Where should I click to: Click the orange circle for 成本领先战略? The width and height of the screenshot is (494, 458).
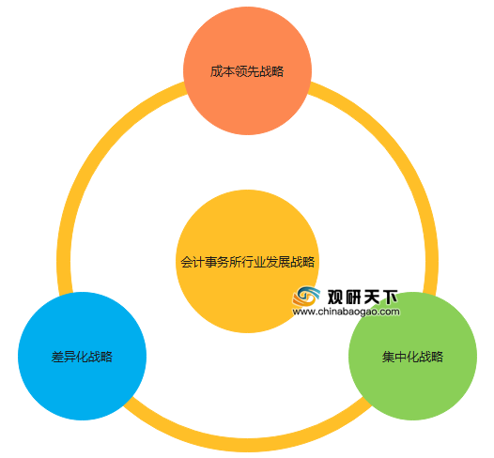click(x=248, y=70)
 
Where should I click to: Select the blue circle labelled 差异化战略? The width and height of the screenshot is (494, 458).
click(x=83, y=356)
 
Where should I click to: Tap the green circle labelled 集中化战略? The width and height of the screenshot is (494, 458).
click(x=412, y=356)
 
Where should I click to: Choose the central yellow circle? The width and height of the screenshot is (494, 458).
click(x=248, y=261)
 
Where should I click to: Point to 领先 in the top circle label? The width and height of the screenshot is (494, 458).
click(x=247, y=71)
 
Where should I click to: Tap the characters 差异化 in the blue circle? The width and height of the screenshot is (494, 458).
click(x=69, y=357)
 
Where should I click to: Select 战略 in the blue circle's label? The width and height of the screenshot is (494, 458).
click(x=100, y=357)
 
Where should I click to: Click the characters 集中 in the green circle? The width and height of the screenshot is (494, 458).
click(x=394, y=357)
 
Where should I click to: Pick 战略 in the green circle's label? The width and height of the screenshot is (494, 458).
click(x=431, y=357)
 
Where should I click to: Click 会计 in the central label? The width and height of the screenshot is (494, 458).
click(x=193, y=262)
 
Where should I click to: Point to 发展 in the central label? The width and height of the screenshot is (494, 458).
click(x=278, y=262)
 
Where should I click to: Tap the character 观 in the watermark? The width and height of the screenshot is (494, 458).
click(x=335, y=297)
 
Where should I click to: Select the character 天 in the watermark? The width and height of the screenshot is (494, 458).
click(x=372, y=297)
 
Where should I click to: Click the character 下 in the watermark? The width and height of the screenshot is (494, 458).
click(x=390, y=297)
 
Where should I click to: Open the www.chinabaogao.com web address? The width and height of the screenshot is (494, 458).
click(x=346, y=312)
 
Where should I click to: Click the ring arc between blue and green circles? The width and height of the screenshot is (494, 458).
click(x=248, y=445)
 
